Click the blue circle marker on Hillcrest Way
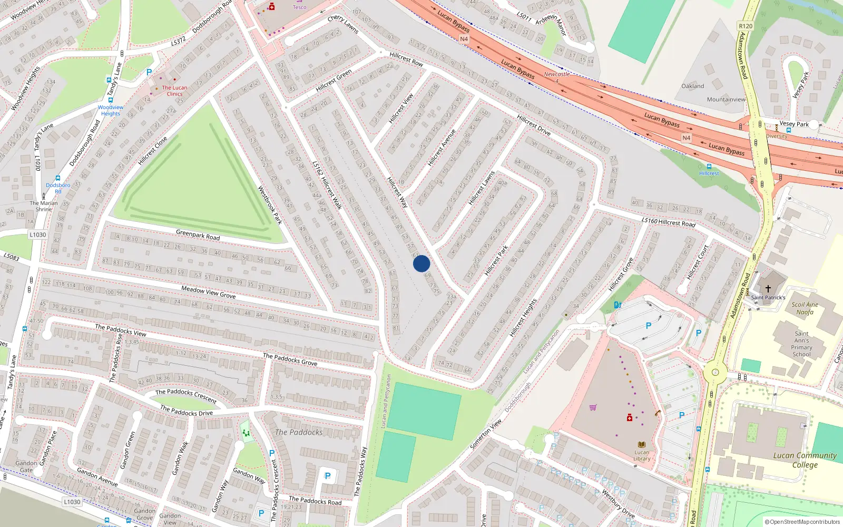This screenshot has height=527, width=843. tap(421, 263)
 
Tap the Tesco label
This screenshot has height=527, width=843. tap(299, 7)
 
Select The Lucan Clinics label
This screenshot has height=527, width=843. tap(174, 91)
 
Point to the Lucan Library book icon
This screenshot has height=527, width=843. tap(642, 444)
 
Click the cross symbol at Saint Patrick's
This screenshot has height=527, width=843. tap(768, 289)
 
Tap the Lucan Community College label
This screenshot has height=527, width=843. tap(805, 460)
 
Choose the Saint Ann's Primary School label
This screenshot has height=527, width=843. tap(801, 344)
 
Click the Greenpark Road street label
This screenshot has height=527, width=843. tap(198, 235)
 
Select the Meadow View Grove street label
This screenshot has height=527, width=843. tap(208, 292)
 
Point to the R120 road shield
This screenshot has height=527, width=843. tap(746, 26)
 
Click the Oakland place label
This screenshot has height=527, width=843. tap(692, 86)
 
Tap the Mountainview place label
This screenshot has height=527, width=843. tap(726, 99)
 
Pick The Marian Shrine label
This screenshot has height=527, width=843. tap(44, 206)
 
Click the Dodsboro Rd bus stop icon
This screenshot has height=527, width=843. tap(58, 178)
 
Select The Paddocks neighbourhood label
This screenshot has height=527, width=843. tap(299, 432)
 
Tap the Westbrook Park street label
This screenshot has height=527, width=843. tap(270, 205)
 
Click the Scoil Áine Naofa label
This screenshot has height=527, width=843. tap(805, 308)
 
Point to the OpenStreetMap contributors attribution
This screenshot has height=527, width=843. tap(802, 522)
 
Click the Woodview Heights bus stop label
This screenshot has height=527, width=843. tap(111, 110)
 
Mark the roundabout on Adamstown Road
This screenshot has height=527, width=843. tap(715, 372)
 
